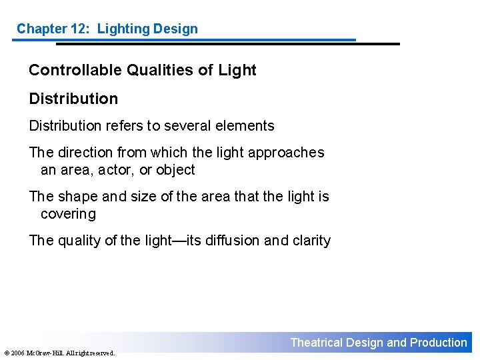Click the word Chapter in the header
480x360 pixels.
click(x=41, y=29)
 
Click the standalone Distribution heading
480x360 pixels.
click(x=73, y=99)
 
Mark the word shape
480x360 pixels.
click(x=79, y=197)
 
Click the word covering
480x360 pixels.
click(x=68, y=214)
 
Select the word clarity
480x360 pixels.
click(x=311, y=241)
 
